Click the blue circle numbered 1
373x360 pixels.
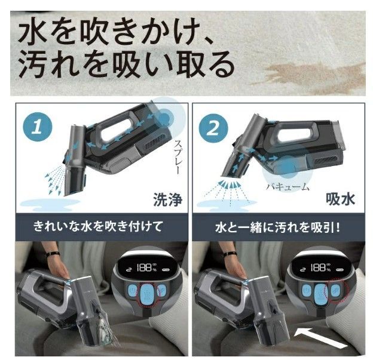click(37, 127)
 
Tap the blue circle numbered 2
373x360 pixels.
click(213, 128)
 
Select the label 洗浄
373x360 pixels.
click(168, 199)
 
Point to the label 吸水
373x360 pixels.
click(340, 199)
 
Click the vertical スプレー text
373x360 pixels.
click(179, 158)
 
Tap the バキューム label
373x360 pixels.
click(288, 187)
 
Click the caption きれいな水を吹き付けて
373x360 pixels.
click(98, 226)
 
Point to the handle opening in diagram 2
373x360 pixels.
click(293, 132)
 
